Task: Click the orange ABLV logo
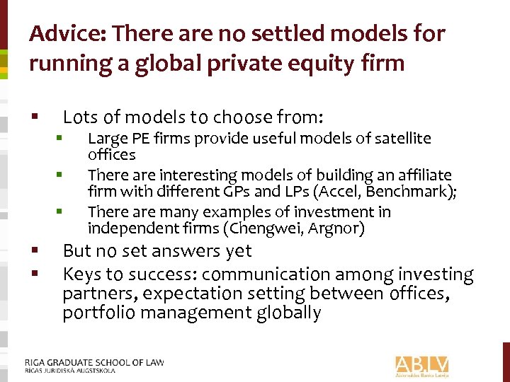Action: tap(422, 365)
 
